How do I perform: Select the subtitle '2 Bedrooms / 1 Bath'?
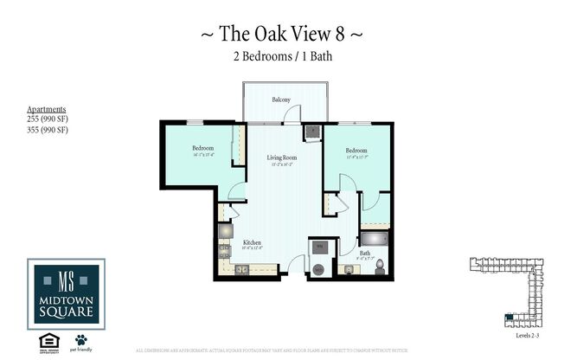(x=281, y=57)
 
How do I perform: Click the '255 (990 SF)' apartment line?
(x=48, y=120)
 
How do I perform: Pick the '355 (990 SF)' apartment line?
(x=48, y=130)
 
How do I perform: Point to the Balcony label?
(x=281, y=100)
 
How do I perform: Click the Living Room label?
(x=283, y=157)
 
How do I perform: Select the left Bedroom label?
(x=203, y=148)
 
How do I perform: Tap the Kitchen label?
(x=252, y=242)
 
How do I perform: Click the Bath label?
(x=365, y=254)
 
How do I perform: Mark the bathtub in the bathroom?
(x=375, y=239)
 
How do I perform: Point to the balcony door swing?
(x=294, y=113)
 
